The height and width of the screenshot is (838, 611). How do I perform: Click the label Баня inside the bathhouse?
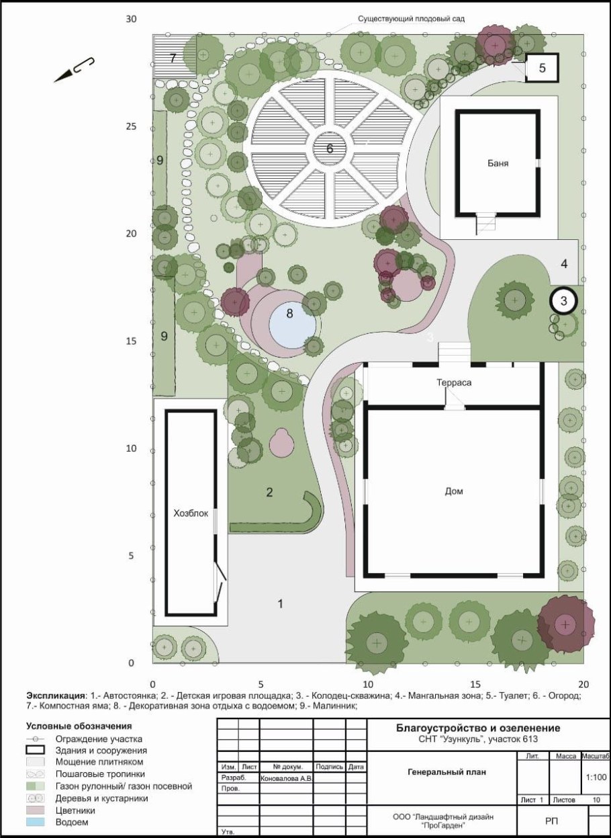pyautogui.click(x=498, y=163)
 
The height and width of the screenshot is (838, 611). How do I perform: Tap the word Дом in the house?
pyautogui.click(x=454, y=491)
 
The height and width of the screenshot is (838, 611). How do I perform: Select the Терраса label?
pyautogui.click(x=454, y=382)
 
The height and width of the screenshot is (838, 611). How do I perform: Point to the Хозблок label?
pyautogui.click(x=191, y=513)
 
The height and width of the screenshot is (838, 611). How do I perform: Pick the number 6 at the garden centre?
pyautogui.click(x=330, y=149)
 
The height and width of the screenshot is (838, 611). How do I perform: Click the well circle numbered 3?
pyautogui.click(x=563, y=300)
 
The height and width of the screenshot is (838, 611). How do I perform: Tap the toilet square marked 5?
pyautogui.click(x=543, y=68)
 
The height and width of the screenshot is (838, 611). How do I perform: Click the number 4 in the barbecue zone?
pyautogui.click(x=564, y=263)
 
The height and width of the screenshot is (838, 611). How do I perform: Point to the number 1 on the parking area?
pyautogui.click(x=280, y=603)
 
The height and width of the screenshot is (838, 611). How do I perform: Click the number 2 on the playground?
pyautogui.click(x=269, y=492)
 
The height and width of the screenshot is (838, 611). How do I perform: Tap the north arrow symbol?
pyautogui.click(x=74, y=71)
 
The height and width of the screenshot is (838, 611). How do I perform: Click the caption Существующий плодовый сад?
pyautogui.click(x=411, y=18)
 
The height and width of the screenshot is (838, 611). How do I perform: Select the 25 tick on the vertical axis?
pyautogui.click(x=131, y=126)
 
